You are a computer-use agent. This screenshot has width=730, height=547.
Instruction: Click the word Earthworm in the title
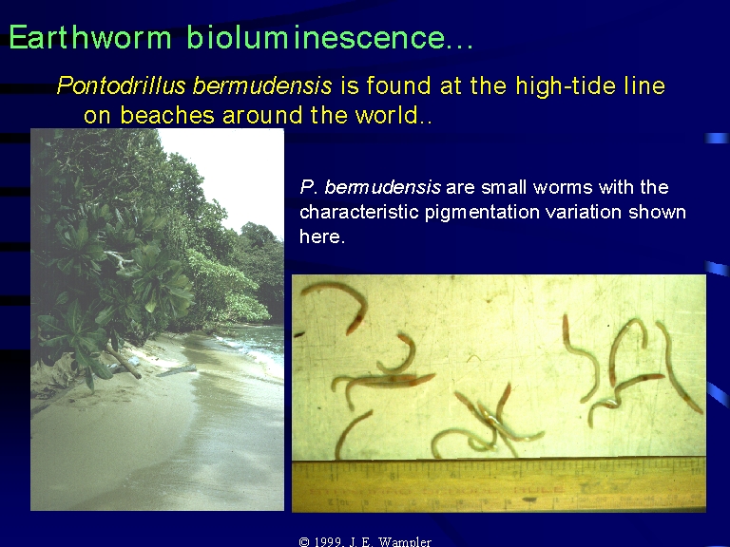(90, 37)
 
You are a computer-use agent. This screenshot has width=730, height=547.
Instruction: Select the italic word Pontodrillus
(122, 85)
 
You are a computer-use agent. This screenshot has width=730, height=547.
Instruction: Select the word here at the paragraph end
(322, 236)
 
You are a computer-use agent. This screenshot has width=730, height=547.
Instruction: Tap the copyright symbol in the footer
(304, 542)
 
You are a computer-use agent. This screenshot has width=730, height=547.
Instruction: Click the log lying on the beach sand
(123, 361)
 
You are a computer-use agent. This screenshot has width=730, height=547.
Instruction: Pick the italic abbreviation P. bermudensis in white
(370, 187)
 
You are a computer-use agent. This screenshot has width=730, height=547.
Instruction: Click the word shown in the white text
(657, 212)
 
